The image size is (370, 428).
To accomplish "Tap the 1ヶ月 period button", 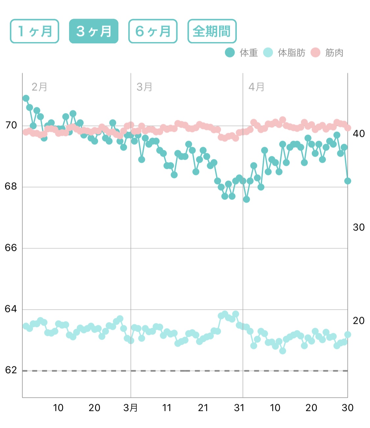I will [35, 31].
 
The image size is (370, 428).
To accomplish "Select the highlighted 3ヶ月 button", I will [94, 31].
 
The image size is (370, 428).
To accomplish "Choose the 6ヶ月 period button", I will [153, 31].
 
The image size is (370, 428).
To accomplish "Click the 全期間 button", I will [212, 31].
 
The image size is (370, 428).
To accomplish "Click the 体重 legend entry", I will [242, 53].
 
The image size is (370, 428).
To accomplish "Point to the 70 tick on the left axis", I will [11, 125].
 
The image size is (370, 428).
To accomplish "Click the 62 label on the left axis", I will [11, 370].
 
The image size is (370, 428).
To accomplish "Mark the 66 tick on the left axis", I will [11, 248].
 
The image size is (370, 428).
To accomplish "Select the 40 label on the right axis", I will [358, 133].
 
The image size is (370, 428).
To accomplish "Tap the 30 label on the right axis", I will [358, 227].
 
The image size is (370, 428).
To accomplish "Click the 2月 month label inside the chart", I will [39, 87].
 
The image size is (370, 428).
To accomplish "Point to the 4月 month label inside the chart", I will [257, 87].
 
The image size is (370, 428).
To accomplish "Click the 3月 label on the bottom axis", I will [131, 408].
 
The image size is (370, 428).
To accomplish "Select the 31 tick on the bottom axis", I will [239, 408].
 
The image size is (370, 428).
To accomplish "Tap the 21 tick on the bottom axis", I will [203, 408].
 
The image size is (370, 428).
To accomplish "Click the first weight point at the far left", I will [26, 98].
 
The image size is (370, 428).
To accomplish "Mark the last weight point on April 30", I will [348, 181].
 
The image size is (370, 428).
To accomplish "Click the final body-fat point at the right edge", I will [348, 335].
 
